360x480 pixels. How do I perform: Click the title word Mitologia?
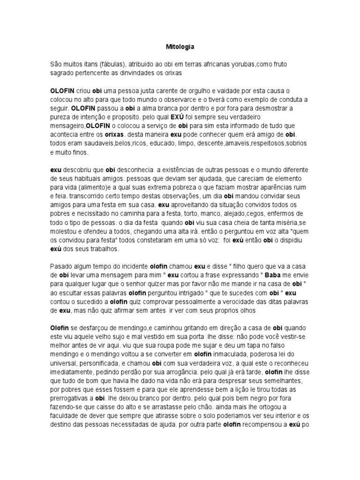[x=180, y=47]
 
